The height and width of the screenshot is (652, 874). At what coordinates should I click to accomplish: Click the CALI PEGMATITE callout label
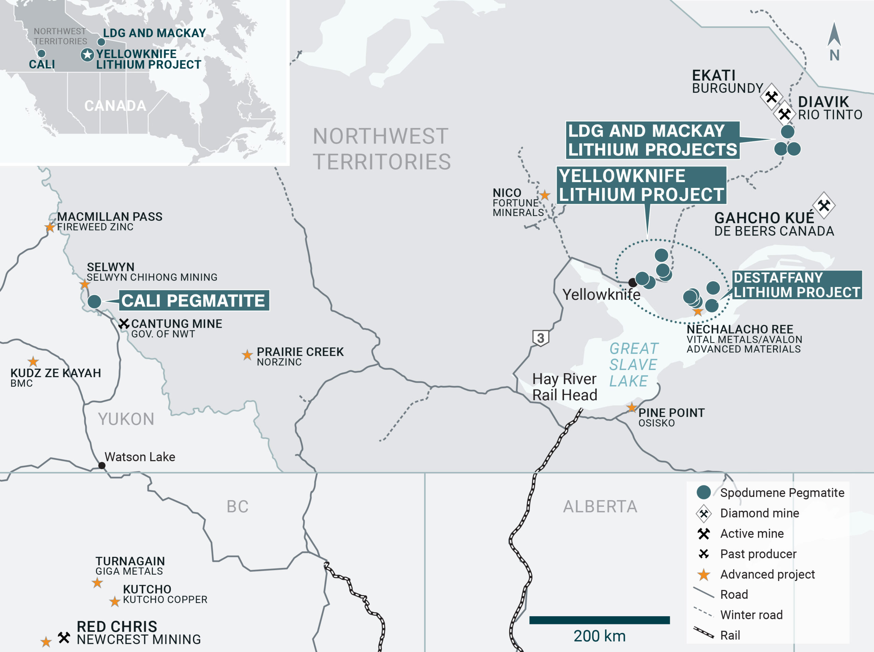coord(194,301)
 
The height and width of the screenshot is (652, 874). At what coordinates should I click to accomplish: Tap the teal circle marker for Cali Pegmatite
coord(94,301)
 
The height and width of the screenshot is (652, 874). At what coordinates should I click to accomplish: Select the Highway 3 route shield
coord(540,338)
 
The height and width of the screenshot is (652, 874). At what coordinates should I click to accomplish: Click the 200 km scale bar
coord(599,620)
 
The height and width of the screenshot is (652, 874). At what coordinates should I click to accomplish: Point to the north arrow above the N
coord(834,35)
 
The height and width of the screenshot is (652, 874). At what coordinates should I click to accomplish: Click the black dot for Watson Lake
coord(102,466)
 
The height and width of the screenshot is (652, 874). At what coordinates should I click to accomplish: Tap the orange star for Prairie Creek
coord(247,355)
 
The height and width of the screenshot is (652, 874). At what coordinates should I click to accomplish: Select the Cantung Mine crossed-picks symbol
coord(124,324)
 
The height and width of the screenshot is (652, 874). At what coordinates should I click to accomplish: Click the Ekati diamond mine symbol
coord(771,96)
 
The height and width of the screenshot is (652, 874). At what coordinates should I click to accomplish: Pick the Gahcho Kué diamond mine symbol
coord(824,205)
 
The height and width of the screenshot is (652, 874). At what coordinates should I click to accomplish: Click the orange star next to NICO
coord(545,195)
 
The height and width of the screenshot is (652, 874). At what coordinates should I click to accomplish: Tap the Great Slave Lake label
coord(633,365)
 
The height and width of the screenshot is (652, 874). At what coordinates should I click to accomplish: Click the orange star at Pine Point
coord(632,407)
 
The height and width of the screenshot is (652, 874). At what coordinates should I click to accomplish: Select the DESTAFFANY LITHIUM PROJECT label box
coord(797,285)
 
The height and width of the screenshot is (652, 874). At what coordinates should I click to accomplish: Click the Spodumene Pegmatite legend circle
coord(703,492)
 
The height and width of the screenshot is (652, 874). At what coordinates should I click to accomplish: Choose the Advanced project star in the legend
coord(703,575)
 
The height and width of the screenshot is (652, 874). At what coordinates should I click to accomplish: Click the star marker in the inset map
coord(87,55)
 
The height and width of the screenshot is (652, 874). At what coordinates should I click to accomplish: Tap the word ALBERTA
coord(600,506)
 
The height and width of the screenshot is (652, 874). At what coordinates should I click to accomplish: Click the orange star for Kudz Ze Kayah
coord(33,361)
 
